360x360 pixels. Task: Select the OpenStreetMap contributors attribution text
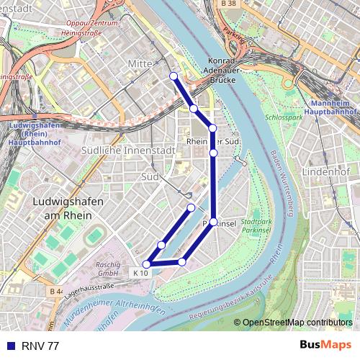tap(297, 323)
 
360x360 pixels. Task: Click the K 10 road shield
tap(140, 273)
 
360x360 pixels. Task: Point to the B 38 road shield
tap(228, 4)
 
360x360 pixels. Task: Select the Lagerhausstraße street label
tap(90, 289)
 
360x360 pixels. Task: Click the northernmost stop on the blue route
tap(174, 76)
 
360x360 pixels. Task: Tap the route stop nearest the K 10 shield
tap(147, 264)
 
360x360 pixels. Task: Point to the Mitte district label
tap(140, 64)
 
